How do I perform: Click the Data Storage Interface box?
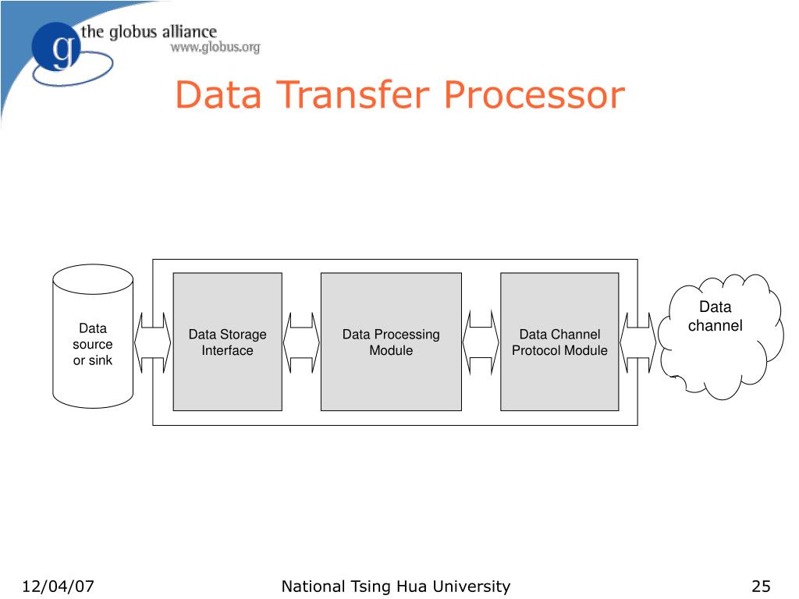[227, 342]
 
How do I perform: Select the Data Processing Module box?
[391, 342]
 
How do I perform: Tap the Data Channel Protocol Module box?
[559, 342]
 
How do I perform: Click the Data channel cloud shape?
[718, 335]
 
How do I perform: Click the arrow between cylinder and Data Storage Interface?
[153, 342]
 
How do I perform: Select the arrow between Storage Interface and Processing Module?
[301, 342]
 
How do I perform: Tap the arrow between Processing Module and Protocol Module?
[481, 342]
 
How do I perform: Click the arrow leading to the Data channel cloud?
[639, 342]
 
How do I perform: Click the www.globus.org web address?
[215, 48]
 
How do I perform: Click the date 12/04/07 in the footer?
[59, 587]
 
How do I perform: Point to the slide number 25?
[762, 587]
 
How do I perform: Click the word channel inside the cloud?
[716, 326]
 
